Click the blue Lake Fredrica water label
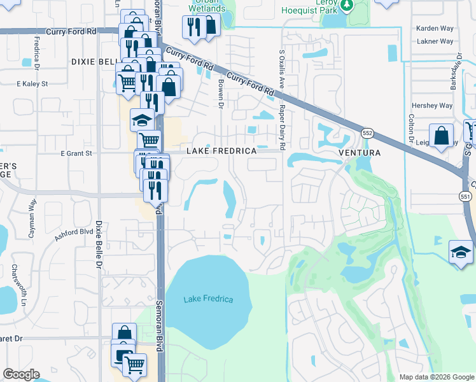pyautogui.click(x=208, y=299)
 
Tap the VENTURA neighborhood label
pyautogui.click(x=360, y=153)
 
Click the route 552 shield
pyautogui.click(x=367, y=133)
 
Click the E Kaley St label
pyautogui.click(x=32, y=83)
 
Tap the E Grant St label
pyautogui.click(x=76, y=153)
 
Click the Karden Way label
pyautogui.click(x=434, y=29)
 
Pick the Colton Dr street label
pyautogui.click(x=412, y=128)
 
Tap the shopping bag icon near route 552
pyautogui.click(x=441, y=136)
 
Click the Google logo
pyautogui.click(x=21, y=374)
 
